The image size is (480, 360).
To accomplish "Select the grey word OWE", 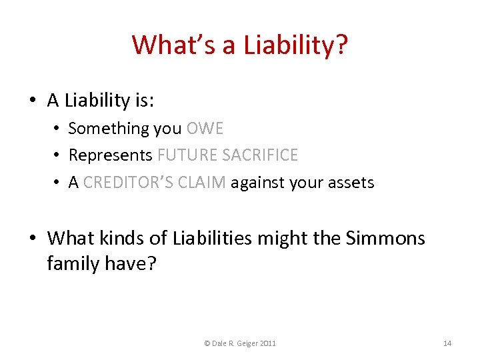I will click(x=205, y=128).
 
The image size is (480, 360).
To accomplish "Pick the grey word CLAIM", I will click(x=204, y=183).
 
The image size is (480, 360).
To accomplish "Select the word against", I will click(x=260, y=183).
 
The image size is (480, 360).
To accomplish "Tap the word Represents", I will click(x=110, y=155).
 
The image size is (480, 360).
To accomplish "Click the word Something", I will click(x=109, y=128).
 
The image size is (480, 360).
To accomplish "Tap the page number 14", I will click(x=447, y=343).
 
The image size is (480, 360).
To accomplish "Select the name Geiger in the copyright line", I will click(x=246, y=343).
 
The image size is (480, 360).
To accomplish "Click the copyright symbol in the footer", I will click(x=207, y=343).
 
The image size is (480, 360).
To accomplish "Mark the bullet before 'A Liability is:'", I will click(x=32, y=101).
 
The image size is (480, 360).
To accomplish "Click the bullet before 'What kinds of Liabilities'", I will click(x=32, y=238).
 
